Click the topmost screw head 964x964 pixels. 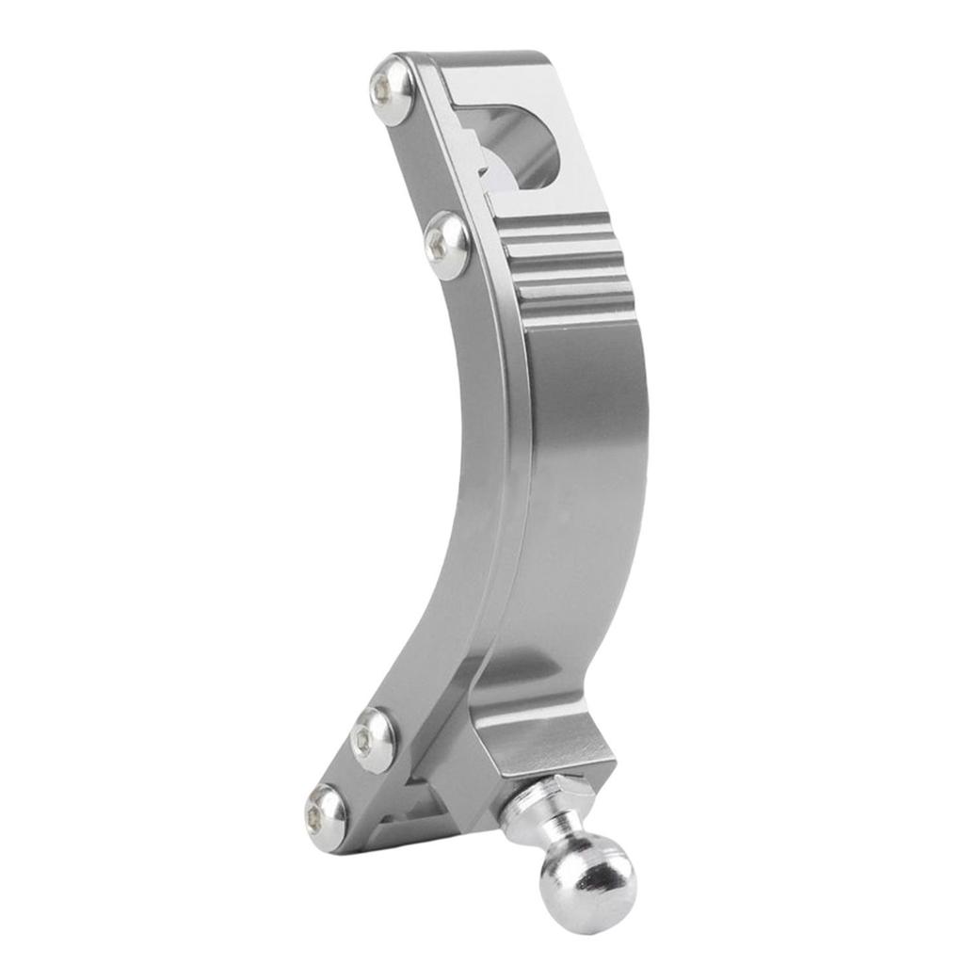tap(389, 89)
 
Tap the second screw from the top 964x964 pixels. tap(445, 246)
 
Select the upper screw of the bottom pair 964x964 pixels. tap(372, 740)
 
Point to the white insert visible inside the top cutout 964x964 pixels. tap(494, 160)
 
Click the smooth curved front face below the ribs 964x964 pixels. tap(584, 471)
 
